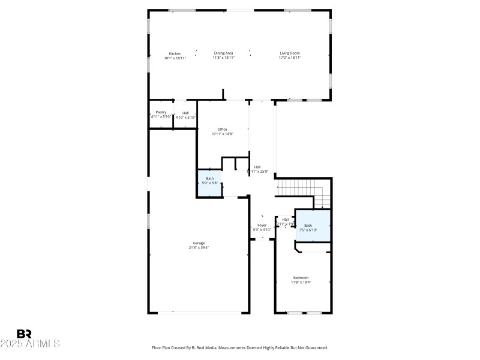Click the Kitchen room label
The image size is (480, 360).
[175, 53]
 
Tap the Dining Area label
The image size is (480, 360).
[224, 53]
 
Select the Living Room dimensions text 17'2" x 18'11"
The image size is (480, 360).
[290, 58]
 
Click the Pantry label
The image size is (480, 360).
[161, 112]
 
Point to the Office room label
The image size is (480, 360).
[222, 129]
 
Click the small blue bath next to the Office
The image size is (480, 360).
[210, 182]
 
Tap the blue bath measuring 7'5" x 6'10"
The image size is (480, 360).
[313, 227]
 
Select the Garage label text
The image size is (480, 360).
[199, 243]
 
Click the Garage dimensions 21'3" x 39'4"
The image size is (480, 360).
[199, 248]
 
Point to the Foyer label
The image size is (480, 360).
[262, 225]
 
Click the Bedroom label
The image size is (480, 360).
[301, 277]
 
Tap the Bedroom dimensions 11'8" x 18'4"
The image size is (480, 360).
[301, 282]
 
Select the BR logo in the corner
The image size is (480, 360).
[24, 334]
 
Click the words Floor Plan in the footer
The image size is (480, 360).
[163, 347]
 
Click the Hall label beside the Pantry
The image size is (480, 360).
[185, 112]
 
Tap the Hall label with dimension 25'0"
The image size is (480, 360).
[257, 167]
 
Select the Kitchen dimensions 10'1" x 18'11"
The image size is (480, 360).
[175, 58]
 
